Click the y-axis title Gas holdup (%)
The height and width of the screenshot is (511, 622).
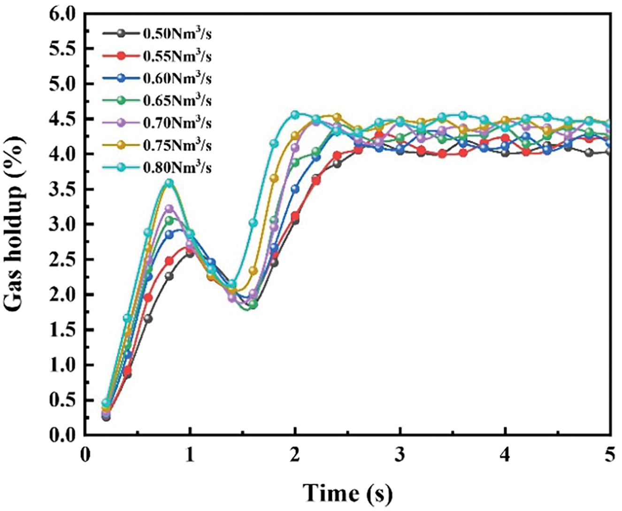coord(17,224)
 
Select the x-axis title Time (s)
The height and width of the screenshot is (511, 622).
coord(347,493)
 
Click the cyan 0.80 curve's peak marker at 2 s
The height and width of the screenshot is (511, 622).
coord(295,114)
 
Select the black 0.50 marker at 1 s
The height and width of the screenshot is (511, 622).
coord(190,253)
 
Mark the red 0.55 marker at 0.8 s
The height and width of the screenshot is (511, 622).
coord(169,261)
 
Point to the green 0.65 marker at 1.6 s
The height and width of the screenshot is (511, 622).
coord(253,304)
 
